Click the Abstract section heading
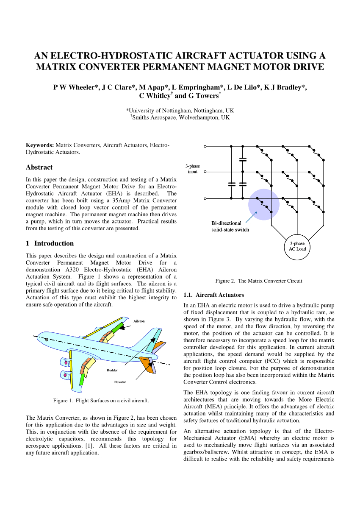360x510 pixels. click(39, 167)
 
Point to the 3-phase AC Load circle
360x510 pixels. click(297, 246)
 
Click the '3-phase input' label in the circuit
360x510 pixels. click(193, 169)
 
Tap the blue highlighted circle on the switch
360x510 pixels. click(263, 204)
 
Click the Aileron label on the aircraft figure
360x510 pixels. click(139, 321)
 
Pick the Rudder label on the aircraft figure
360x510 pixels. click(112, 370)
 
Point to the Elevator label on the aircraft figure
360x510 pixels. click(119, 382)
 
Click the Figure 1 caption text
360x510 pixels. click(101, 400)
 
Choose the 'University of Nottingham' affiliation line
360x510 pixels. click(180, 110)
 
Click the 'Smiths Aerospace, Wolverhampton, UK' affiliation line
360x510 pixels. click(180, 117)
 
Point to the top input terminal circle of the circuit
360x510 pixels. click(205, 146)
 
